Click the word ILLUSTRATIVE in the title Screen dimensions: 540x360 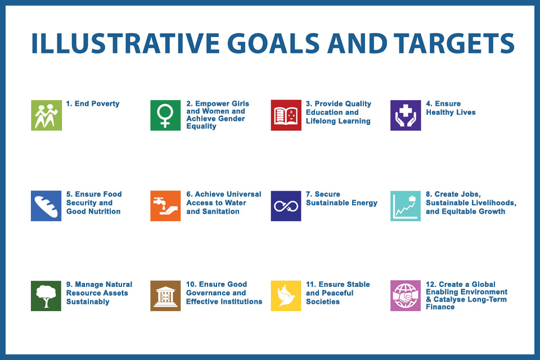coord(125,43)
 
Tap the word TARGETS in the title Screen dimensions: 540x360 coord(454,43)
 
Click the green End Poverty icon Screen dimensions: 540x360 coord(47,115)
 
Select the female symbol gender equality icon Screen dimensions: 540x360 coord(165,115)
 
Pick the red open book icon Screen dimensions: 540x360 coord(286,115)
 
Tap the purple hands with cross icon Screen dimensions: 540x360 coord(406,115)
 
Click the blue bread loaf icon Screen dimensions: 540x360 coord(46,206)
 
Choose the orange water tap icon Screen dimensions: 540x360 coord(165,206)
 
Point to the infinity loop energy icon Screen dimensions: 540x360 coord(286,206)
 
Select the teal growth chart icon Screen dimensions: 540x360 coord(406,206)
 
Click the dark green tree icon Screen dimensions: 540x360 coord(46,296)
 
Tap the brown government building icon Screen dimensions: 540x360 coord(165,296)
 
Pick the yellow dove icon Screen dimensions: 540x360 coord(286,296)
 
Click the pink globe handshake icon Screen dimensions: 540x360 coord(406,296)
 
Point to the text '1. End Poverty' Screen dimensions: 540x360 coord(93,103)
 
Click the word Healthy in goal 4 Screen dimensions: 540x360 coord(440,112)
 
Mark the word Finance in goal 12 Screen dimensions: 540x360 coord(440,307)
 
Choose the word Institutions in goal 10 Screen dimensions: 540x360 coord(241,301)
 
